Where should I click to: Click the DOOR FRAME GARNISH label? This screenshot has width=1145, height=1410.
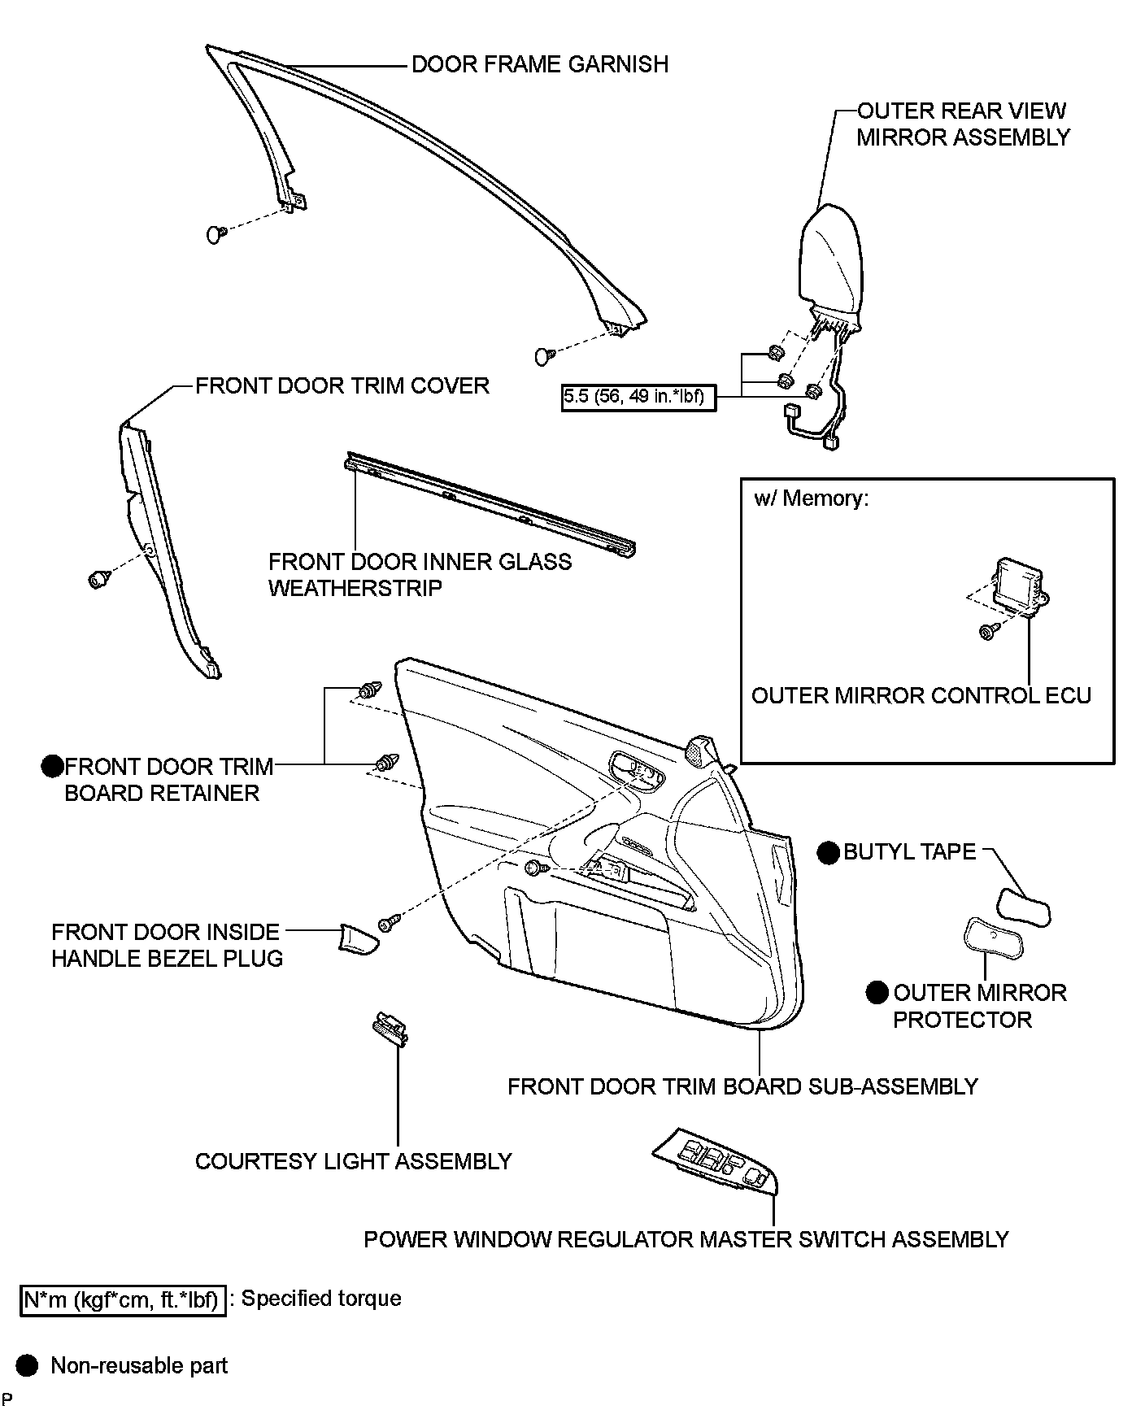click(540, 64)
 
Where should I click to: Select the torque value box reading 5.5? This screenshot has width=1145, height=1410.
click(638, 398)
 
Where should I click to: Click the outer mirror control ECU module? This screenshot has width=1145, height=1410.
click(1017, 584)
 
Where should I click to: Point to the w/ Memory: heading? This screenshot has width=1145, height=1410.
click(812, 498)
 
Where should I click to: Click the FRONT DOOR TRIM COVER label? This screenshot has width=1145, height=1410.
click(342, 385)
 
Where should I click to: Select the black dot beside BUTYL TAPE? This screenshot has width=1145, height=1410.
click(828, 853)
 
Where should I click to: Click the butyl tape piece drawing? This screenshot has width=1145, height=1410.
click(1024, 907)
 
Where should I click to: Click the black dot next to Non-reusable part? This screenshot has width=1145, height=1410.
click(28, 1365)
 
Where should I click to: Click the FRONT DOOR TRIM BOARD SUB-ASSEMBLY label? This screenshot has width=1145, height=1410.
click(742, 1086)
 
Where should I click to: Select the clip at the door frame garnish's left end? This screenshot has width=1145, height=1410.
click(216, 235)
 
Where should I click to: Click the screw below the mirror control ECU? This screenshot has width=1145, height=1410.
click(987, 629)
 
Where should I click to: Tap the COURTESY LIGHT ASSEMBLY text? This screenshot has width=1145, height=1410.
click(354, 1160)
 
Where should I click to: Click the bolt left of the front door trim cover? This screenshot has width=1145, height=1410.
click(98, 579)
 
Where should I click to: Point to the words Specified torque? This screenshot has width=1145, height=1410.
click(321, 1299)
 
